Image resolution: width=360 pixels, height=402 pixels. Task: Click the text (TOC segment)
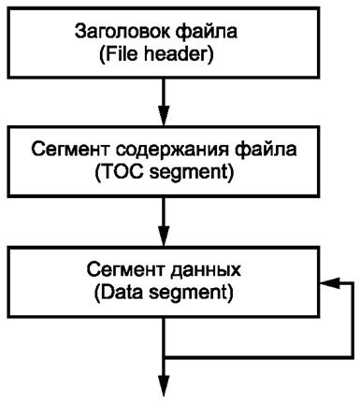point(165,175)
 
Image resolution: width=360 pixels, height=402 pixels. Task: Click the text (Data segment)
point(165,295)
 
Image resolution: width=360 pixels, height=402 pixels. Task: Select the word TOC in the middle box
point(126,175)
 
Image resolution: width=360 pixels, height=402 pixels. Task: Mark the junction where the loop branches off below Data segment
point(165,355)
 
